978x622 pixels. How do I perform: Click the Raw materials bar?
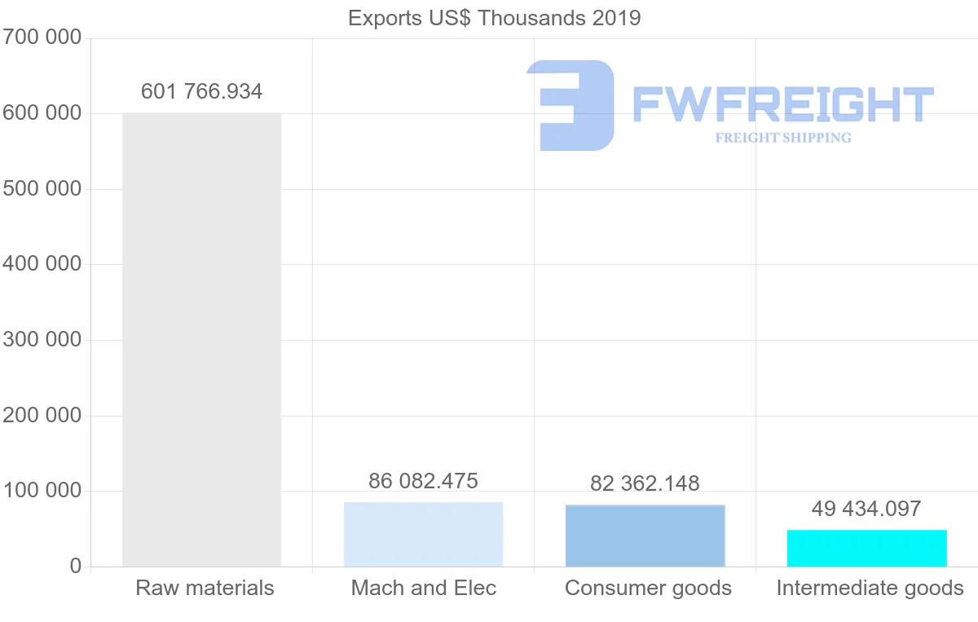[x=201, y=339]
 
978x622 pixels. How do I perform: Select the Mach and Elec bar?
[x=423, y=534]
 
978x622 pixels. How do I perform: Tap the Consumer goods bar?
[x=645, y=536]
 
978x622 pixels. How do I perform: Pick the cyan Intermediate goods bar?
[x=866, y=548]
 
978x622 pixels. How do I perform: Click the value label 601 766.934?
[x=201, y=91]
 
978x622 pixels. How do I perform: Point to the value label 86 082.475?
[x=423, y=481]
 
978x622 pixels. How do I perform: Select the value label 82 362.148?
[x=645, y=483]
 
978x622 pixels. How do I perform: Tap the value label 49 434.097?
[x=866, y=509]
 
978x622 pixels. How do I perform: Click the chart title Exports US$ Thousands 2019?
[x=494, y=18]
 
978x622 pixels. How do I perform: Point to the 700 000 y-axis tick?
[x=42, y=37]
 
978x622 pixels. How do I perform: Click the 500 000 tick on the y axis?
[x=42, y=189]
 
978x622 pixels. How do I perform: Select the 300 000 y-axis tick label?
[x=42, y=340]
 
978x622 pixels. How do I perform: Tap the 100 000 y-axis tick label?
[x=42, y=491]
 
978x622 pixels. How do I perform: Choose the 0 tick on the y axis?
[x=75, y=567]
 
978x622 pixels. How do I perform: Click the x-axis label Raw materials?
[x=205, y=588]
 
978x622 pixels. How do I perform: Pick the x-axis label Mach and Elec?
[x=423, y=588]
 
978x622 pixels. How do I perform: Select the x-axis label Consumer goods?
[x=648, y=588]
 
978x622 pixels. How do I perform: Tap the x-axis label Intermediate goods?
[x=870, y=588]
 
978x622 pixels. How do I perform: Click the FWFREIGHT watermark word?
[x=782, y=104]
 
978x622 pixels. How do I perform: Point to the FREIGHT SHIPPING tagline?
[x=782, y=138]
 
